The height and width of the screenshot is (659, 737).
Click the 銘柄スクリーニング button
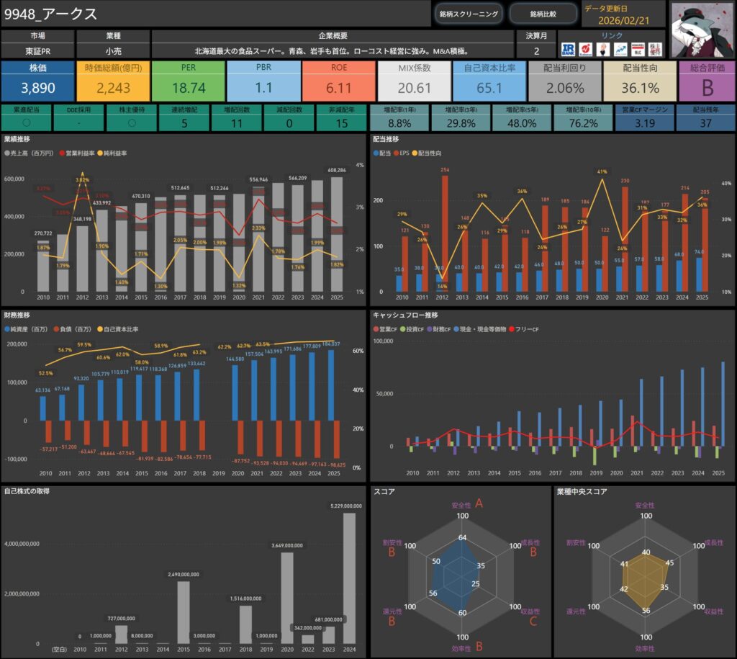469,14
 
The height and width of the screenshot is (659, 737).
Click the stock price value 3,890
37,88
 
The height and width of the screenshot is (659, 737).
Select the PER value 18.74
189,88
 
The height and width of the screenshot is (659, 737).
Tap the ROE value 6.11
338,88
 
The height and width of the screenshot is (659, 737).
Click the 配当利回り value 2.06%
564,88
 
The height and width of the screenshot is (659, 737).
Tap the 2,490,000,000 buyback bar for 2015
183,611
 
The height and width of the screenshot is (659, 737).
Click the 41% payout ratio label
602,171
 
